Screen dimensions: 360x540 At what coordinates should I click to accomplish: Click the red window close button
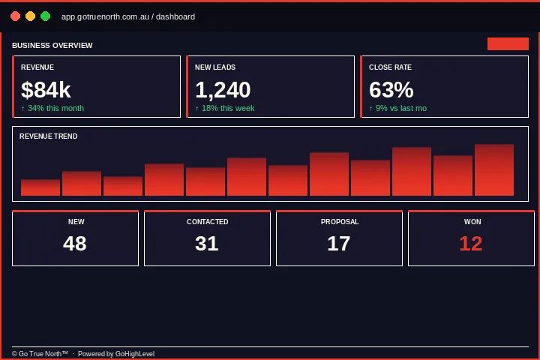[x=15, y=16]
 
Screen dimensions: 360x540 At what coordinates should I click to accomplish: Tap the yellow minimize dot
[x=30, y=16]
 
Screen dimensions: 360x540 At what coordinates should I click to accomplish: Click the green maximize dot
[x=45, y=16]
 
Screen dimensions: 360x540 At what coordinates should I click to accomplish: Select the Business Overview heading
[x=52, y=46]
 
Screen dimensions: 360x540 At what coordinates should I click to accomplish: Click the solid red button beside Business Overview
[x=508, y=43]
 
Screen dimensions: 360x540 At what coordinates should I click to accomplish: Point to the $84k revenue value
[x=46, y=90]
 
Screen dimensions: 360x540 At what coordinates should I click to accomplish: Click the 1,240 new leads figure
[x=223, y=90]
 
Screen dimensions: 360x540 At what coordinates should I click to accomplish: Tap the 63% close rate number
[x=391, y=90]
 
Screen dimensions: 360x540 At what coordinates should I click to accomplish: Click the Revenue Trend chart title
[x=49, y=136]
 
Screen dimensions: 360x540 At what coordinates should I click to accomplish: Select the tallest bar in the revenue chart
[x=494, y=170]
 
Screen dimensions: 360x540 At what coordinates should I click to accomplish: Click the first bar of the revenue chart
[x=40, y=187]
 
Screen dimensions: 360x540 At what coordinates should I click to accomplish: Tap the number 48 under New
[x=75, y=244]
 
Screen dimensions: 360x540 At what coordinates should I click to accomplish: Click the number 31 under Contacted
[x=207, y=244]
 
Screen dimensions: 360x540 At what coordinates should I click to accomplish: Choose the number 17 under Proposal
[x=339, y=244]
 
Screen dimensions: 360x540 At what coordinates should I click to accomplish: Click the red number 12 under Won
[x=471, y=244]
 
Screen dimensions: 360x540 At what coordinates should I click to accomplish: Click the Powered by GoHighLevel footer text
[x=116, y=353]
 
